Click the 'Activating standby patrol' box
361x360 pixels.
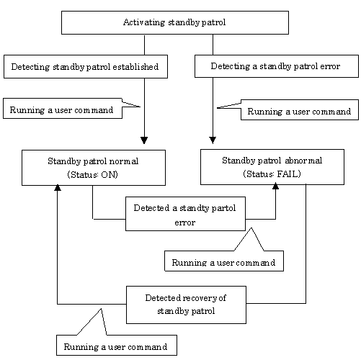coord(175,22)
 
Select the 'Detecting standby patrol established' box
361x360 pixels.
coord(86,66)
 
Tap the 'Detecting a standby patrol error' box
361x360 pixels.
coord(277,66)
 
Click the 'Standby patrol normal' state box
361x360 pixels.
coord(94,168)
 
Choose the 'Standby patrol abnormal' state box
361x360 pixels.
coord(272,167)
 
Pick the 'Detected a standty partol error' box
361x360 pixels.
coord(185,214)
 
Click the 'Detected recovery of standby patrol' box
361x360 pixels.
coord(186,305)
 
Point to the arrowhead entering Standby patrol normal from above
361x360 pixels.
coord(144,140)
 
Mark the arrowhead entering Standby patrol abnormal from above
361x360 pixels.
coord(213,140)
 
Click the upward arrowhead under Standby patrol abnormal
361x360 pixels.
coord(275,186)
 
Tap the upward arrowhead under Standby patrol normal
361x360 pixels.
coord(58,187)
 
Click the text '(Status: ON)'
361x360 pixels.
coord(93,174)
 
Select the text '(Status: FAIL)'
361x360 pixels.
coord(272,174)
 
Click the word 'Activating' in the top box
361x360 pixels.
coord(144,22)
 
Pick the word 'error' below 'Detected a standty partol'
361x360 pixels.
coord(185,222)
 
